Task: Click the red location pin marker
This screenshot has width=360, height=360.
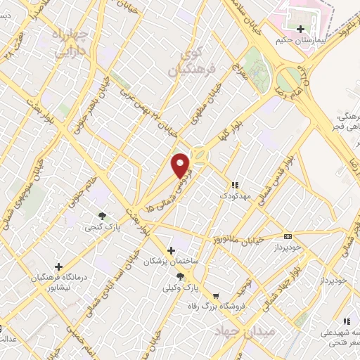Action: pos(182,165)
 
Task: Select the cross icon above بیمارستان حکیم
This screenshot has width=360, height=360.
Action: pos(302,30)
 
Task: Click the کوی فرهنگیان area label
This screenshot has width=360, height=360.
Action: pos(186,64)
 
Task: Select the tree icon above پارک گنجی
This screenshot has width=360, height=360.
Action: pos(103,216)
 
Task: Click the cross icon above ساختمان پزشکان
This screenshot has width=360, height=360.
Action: pos(171,250)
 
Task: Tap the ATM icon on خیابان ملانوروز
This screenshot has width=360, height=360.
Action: pos(288,236)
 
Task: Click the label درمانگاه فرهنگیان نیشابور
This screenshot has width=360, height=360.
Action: pos(58,281)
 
